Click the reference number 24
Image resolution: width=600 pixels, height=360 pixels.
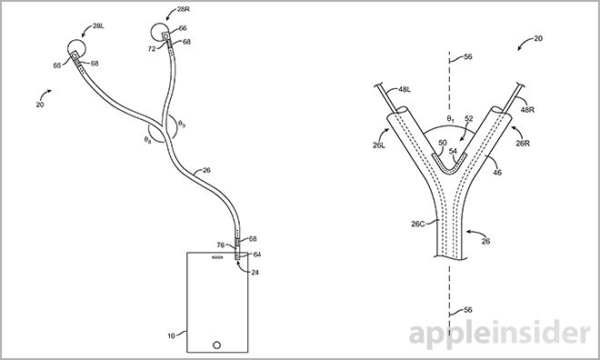pyautogui.click(x=254, y=272)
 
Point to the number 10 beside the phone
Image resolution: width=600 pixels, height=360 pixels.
pyautogui.click(x=171, y=336)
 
